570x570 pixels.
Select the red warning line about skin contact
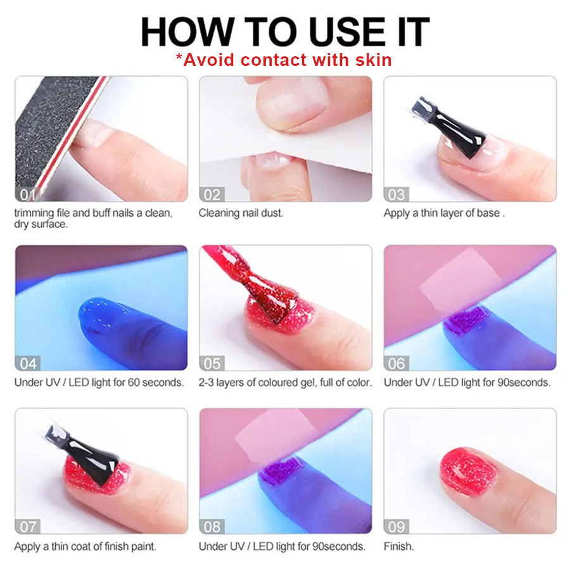click(284, 60)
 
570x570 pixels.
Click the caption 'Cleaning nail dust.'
click(241, 213)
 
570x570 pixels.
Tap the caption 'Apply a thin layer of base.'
click(444, 213)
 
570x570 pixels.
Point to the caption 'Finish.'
click(398, 546)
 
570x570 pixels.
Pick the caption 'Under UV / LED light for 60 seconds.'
click(99, 383)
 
